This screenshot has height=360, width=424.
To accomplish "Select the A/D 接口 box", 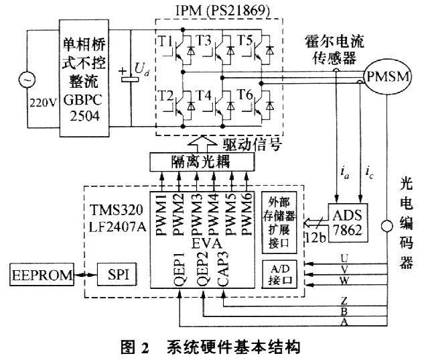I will click(279, 274).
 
